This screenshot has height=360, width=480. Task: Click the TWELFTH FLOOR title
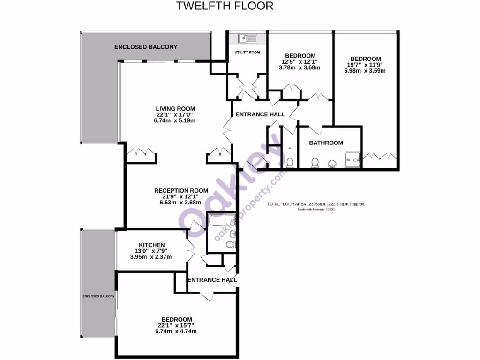click(x=225, y=6)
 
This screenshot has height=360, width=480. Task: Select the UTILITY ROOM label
click(x=247, y=52)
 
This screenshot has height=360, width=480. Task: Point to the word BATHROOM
click(x=325, y=143)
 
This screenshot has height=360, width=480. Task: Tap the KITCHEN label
click(x=151, y=245)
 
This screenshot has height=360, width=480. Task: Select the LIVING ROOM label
click(x=175, y=109)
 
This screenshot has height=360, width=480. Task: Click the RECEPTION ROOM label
click(x=181, y=190)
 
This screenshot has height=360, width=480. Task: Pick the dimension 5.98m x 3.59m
click(x=365, y=71)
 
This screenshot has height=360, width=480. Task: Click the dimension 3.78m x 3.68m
click(x=299, y=67)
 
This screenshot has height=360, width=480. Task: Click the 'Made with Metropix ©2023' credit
click(x=316, y=210)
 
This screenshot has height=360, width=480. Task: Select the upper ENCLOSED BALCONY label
click(x=146, y=47)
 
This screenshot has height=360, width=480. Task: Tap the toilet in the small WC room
click(x=290, y=163)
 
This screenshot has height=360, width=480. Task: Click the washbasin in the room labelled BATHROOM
click(x=332, y=164)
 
